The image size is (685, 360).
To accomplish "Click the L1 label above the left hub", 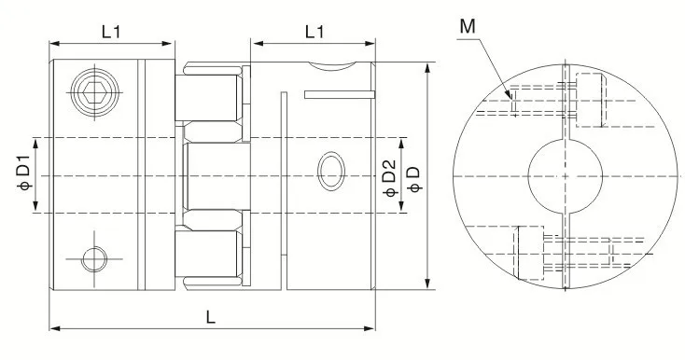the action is [x=111, y=32].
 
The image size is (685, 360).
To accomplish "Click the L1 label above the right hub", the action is [x=315, y=32].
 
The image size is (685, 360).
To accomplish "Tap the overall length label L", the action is [x=211, y=317].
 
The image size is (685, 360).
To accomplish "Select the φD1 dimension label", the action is [x=24, y=173].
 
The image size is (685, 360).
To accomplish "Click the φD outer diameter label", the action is [x=413, y=179].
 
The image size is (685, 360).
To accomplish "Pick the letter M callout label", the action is [x=468, y=27].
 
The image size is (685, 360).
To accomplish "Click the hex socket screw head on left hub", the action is [x=95, y=92].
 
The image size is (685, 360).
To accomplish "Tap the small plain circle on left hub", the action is [x=94, y=258].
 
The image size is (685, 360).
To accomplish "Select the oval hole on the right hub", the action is [x=331, y=171].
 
